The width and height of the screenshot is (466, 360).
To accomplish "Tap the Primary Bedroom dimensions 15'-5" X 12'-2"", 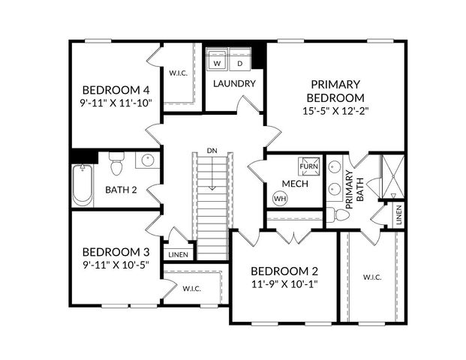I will [335, 110].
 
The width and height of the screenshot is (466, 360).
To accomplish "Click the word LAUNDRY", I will [234, 84].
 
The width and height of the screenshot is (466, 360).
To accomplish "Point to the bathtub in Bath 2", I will [81, 184].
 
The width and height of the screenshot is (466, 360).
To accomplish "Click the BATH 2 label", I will [121, 190].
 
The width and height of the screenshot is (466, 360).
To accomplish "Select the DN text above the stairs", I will [212, 151].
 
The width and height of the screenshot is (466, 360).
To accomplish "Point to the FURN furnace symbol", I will [308, 165].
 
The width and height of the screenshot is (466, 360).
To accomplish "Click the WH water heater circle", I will [280, 199].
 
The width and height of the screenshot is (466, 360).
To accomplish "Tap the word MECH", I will [293, 184].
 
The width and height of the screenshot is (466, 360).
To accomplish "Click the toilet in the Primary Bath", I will [341, 215].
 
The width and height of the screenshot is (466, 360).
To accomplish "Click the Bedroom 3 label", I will [116, 251].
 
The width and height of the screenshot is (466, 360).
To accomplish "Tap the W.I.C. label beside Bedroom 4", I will [179, 73].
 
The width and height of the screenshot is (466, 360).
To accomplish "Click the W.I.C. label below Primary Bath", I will [372, 277].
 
